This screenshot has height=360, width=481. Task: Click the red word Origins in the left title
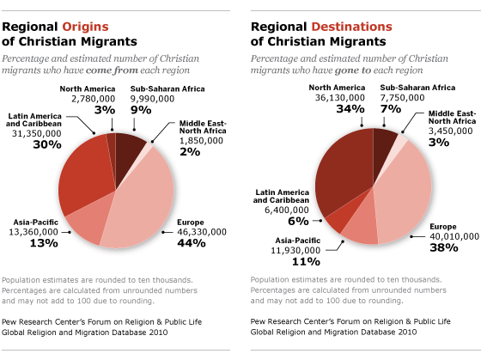(x=85, y=27)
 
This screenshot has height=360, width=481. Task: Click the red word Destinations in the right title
(x=351, y=27)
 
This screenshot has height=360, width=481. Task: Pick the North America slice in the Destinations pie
(x=344, y=168)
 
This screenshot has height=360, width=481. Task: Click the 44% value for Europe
(x=192, y=243)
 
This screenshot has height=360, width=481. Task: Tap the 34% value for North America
(x=350, y=109)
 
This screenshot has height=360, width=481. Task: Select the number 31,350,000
(x=37, y=133)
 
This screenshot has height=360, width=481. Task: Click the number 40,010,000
(x=454, y=236)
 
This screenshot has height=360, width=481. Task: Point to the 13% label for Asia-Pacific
(x=44, y=243)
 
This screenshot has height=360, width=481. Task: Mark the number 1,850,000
(x=201, y=141)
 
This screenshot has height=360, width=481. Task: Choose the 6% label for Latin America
(x=298, y=221)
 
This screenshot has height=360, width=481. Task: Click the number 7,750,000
(x=403, y=98)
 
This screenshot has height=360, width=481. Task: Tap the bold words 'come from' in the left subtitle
(x=112, y=70)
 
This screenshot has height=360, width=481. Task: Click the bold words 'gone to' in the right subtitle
(x=353, y=70)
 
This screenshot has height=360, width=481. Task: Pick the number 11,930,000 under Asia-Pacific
(x=295, y=250)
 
